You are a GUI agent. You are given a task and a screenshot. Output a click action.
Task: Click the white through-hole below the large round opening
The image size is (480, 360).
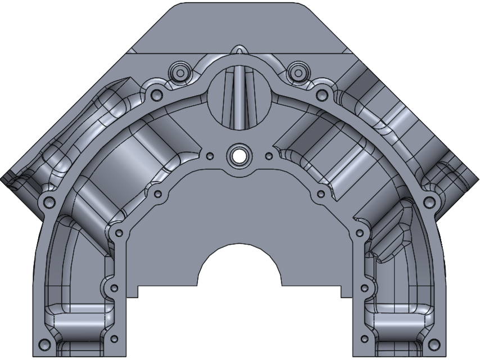(x=239, y=155)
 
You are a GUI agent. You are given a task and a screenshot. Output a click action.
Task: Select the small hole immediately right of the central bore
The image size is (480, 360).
(x=269, y=156)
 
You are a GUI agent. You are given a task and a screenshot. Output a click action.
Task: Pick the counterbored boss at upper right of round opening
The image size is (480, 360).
(x=296, y=71)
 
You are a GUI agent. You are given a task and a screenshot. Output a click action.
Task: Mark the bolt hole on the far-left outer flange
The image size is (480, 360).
(x=49, y=201)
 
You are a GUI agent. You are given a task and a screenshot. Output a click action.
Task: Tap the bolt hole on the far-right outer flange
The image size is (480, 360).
(x=429, y=201)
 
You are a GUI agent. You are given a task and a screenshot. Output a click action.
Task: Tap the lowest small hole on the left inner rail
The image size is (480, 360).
(x=115, y=340)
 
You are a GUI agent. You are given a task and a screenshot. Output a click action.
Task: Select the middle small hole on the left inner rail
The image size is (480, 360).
(x=114, y=288)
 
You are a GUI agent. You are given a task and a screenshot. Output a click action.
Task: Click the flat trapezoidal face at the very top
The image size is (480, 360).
(x=239, y=25)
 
